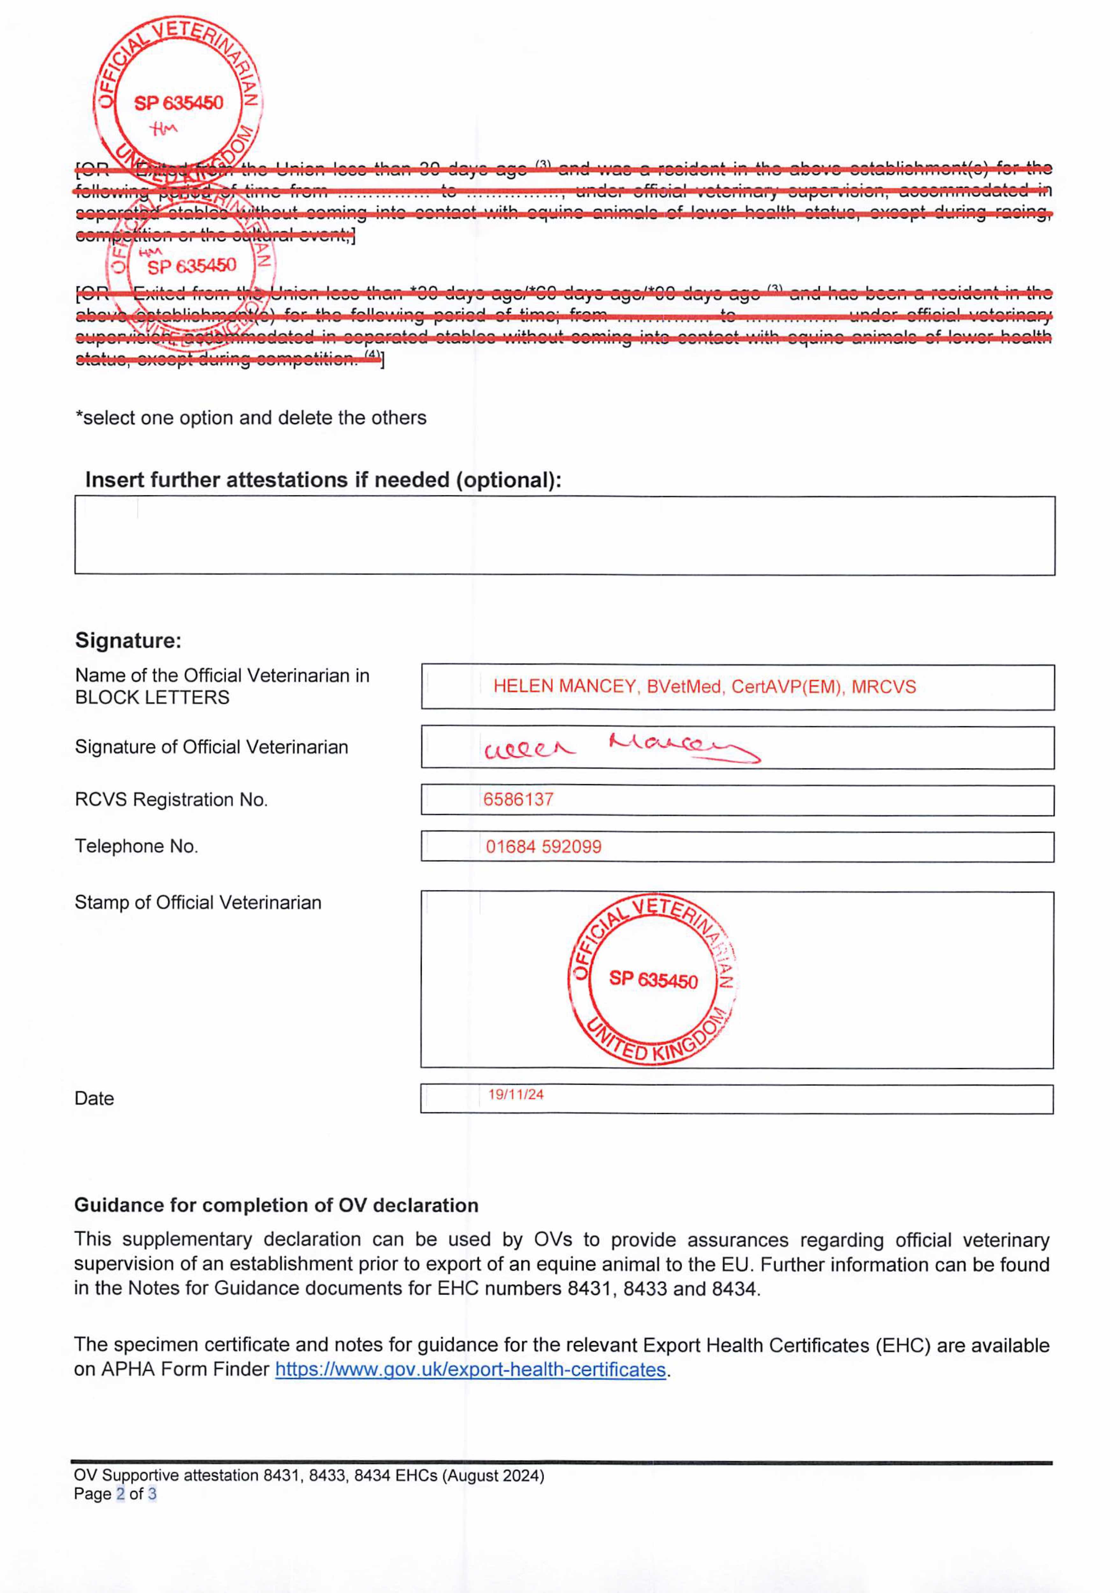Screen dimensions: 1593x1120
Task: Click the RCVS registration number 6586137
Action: pyautogui.click(x=518, y=799)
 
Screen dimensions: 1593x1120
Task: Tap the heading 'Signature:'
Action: pyautogui.click(x=128, y=640)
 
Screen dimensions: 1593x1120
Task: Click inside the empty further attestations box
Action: pyautogui.click(x=564, y=536)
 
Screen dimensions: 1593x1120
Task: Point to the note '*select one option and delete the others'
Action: pyautogui.click(x=250, y=418)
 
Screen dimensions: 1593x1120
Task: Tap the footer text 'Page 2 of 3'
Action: pyautogui.click(x=114, y=1494)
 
